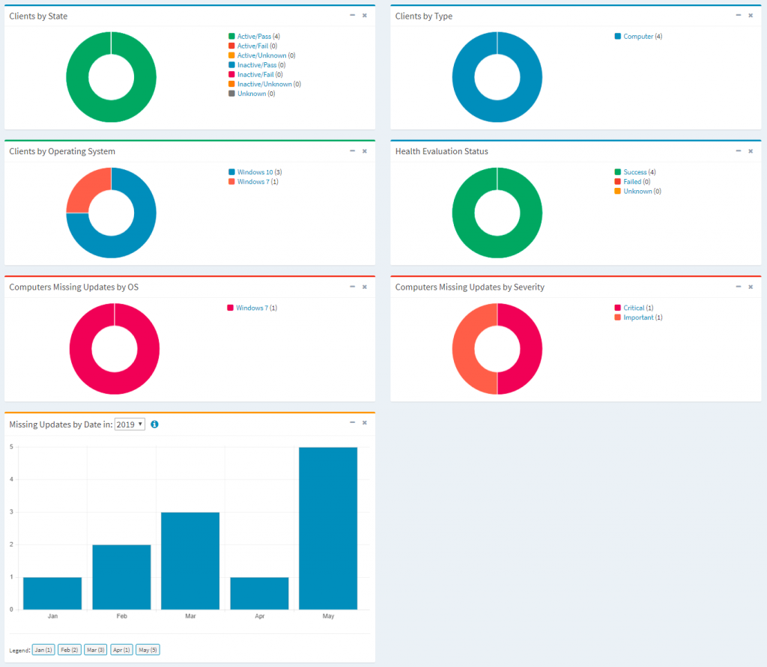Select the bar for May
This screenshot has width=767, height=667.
click(x=328, y=528)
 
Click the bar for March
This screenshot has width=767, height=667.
click(x=190, y=560)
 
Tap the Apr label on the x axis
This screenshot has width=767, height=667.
click(x=259, y=616)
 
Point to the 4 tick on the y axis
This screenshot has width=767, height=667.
click(x=11, y=479)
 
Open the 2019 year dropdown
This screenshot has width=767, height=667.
click(x=130, y=424)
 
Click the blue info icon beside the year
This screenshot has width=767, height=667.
click(x=154, y=424)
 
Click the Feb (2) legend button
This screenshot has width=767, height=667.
click(x=70, y=650)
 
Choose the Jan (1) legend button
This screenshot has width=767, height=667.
click(x=43, y=650)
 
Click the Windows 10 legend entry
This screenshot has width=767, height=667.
click(x=255, y=172)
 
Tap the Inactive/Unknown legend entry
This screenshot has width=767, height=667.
click(x=264, y=84)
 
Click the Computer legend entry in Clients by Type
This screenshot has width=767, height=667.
click(x=638, y=36)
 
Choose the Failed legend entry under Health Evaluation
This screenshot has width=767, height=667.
click(x=632, y=182)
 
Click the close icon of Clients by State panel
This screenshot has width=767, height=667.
click(x=365, y=15)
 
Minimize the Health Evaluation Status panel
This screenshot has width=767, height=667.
click(x=738, y=150)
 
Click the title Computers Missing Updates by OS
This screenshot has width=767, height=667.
click(x=73, y=287)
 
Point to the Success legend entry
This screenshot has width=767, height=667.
click(x=634, y=172)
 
